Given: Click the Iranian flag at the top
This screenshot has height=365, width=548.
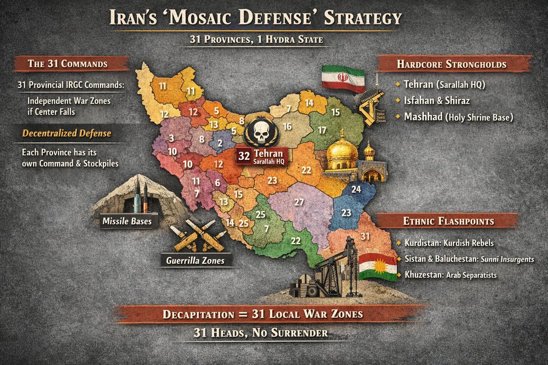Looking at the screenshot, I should (x=342, y=78).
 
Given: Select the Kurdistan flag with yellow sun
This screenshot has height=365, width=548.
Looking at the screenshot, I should (x=378, y=266).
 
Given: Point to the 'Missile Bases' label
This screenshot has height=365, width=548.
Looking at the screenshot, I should (x=126, y=222).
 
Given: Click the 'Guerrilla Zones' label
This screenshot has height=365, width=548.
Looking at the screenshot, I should (x=196, y=261).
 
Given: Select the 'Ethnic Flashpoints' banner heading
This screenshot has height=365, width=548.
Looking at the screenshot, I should (x=448, y=221).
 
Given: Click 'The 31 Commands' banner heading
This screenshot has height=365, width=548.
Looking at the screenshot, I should (x=68, y=64).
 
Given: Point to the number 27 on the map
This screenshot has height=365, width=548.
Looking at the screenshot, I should (x=299, y=202).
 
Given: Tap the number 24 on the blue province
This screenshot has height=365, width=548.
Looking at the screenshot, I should (x=356, y=188).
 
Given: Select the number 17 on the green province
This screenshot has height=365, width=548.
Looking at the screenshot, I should (x=322, y=130).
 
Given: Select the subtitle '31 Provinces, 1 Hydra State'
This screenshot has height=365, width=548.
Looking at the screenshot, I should (x=257, y=40).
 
